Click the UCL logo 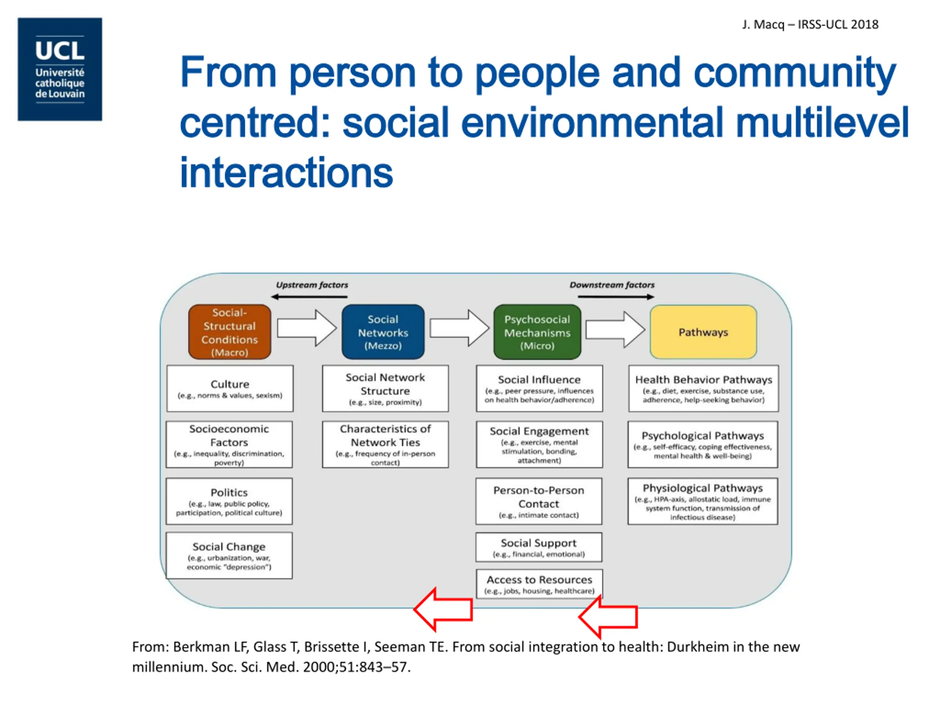[59, 69]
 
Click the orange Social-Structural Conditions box [229, 332]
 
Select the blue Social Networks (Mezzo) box [383, 332]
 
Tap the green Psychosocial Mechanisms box [537, 332]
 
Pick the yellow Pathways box [703, 332]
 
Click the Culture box [229, 388]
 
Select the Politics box [229, 501]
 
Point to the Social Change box [229, 555]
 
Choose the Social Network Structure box [385, 388]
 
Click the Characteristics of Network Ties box [385, 444]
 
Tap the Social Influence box [539, 388]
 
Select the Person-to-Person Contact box [538, 501]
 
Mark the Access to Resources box [539, 584]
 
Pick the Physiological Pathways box [702, 501]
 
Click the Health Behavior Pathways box [703, 388]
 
